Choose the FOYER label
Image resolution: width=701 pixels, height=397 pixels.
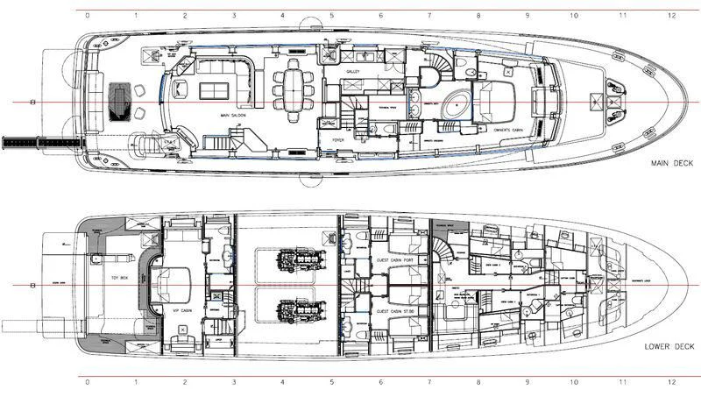pos(338,138)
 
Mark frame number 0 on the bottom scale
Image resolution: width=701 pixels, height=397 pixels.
pos(85,382)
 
